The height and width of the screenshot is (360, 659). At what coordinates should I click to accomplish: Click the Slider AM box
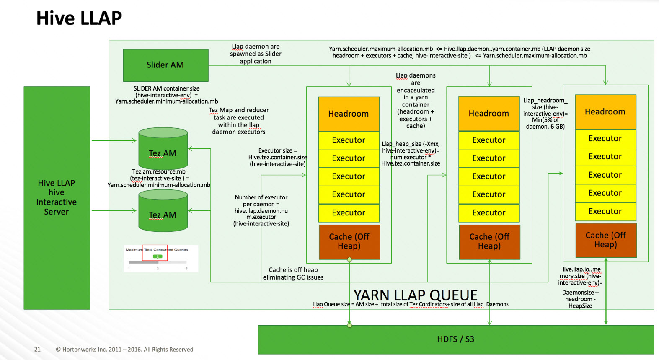click(x=165, y=65)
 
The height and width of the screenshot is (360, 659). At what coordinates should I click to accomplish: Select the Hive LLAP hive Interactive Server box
click(x=57, y=197)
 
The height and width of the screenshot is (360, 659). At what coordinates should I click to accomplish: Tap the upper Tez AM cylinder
click(x=163, y=149)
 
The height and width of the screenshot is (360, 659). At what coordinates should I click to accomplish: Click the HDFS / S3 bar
click(x=455, y=339)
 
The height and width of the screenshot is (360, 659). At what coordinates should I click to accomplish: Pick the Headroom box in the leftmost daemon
click(x=349, y=114)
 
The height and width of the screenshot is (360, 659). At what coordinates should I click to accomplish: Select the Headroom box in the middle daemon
click(x=489, y=113)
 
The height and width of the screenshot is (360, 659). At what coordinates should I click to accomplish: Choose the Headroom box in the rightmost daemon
click(x=605, y=111)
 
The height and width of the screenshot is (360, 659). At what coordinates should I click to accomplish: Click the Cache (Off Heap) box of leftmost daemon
click(x=349, y=242)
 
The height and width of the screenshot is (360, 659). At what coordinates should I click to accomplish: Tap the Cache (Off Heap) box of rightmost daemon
click(x=606, y=240)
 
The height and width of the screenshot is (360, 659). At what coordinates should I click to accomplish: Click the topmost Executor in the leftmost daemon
click(x=349, y=140)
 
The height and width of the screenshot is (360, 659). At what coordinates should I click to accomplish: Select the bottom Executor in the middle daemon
click(x=489, y=213)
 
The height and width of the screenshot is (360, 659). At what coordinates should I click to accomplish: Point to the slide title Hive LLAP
click(x=79, y=18)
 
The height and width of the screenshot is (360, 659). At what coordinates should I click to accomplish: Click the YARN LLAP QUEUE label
click(x=416, y=295)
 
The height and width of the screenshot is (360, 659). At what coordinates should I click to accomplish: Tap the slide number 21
click(x=37, y=349)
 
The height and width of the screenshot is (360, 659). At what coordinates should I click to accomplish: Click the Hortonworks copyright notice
click(x=124, y=350)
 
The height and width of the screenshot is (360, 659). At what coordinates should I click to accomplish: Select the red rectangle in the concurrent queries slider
click(x=155, y=253)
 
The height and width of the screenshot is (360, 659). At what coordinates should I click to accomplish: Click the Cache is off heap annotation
click(x=293, y=274)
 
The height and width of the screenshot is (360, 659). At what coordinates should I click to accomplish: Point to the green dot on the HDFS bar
click(x=349, y=325)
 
